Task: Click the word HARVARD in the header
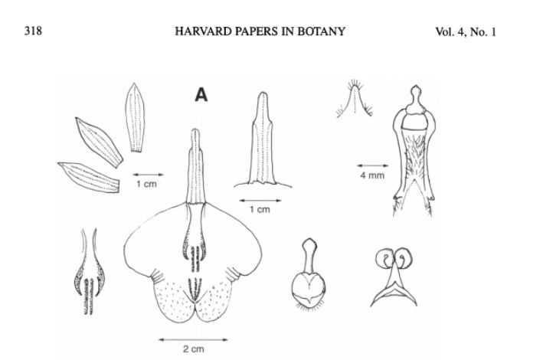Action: pyautogui.click(x=197, y=32)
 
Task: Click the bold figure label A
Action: pyautogui.click(x=201, y=95)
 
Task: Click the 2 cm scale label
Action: pyautogui.click(x=192, y=349)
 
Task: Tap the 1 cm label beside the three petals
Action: pyautogui.click(x=148, y=185)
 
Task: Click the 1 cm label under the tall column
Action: pyautogui.click(x=261, y=209)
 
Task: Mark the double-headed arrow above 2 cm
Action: pyautogui.click(x=192, y=338)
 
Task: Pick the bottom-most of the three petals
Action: pyautogui.click(x=90, y=177)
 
